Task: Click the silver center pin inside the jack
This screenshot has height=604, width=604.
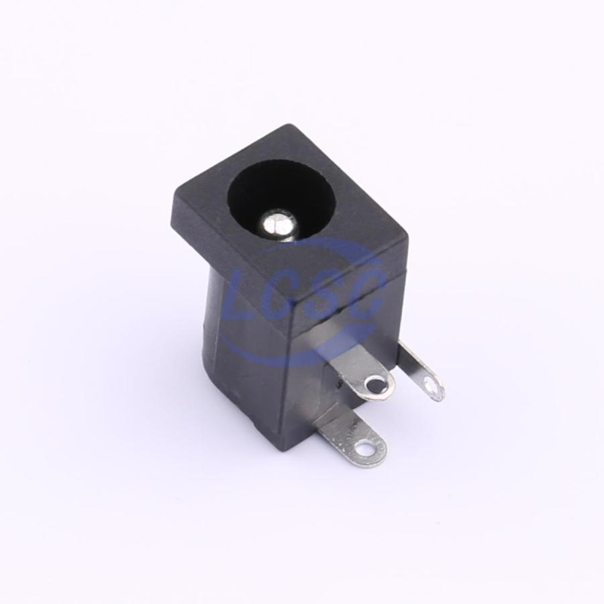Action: coord(278,225)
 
